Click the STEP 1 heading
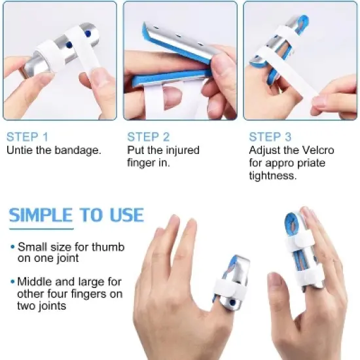[27, 137]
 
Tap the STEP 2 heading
[149, 137]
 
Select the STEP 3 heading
[270, 137]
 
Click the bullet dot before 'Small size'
[12, 248]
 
